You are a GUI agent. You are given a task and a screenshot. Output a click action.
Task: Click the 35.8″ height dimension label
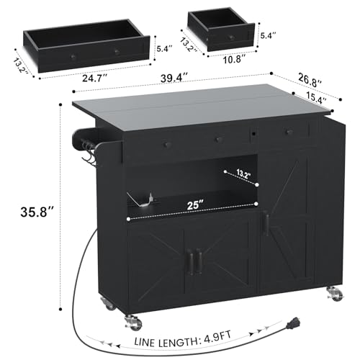(x=36, y=212)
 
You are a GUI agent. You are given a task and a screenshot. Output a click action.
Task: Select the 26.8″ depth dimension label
(x=310, y=81)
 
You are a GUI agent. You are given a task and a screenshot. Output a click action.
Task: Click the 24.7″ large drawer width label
(x=95, y=78)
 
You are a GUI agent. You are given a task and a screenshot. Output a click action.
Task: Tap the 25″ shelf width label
(x=194, y=205)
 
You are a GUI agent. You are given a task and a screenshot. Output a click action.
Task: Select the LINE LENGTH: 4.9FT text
(x=183, y=338)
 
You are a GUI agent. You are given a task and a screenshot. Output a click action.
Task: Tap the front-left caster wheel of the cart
(x=132, y=321)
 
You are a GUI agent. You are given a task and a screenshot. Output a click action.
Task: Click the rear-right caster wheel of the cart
(x=335, y=294)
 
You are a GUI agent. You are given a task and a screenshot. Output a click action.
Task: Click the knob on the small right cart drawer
(x=288, y=131)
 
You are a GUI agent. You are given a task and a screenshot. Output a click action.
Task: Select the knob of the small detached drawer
(x=231, y=37)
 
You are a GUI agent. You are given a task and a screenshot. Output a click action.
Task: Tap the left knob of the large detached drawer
(x=73, y=57)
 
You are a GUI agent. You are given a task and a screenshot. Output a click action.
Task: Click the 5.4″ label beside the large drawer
(x=164, y=49)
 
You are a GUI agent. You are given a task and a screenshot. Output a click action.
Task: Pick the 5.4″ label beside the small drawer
(x=268, y=36)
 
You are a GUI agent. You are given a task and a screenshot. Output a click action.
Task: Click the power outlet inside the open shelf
(x=151, y=197)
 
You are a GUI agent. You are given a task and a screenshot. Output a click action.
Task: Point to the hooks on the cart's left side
(x=88, y=154)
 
